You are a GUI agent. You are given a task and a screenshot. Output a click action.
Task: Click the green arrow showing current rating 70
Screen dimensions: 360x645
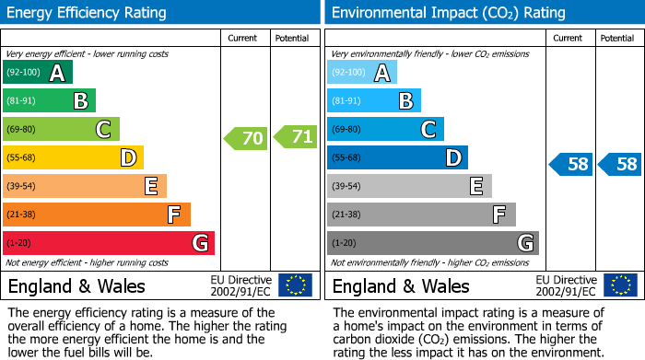pyautogui.click(x=246, y=138)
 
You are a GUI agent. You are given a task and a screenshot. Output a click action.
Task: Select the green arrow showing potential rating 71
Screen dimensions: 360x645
pyautogui.click(x=296, y=137)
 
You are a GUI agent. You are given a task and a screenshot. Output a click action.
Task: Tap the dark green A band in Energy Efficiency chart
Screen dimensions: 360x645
pyautogui.click(x=37, y=73)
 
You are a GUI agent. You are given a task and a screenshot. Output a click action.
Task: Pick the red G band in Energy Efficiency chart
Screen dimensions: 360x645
pyautogui.click(x=108, y=243)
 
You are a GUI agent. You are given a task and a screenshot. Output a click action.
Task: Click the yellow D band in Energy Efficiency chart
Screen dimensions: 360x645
pyautogui.click(x=73, y=157)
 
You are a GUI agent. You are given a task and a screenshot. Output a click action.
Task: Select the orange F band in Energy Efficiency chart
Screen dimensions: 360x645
pyautogui.click(x=96, y=215)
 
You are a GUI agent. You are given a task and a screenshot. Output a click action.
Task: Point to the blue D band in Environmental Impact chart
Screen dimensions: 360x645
pyautogui.click(x=397, y=157)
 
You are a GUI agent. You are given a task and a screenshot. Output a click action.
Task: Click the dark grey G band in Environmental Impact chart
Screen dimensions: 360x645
pyautogui.click(x=432, y=243)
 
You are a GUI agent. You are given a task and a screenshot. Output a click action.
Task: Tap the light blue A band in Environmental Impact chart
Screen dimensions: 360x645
pyautogui.click(x=362, y=73)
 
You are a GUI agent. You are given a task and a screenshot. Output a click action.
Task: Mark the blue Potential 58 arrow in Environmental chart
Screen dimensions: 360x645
pyautogui.click(x=619, y=165)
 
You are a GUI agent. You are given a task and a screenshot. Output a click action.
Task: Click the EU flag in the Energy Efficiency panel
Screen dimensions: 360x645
pyautogui.click(x=296, y=285)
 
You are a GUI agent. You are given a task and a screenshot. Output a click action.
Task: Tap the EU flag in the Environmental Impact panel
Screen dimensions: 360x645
pyautogui.click(x=620, y=285)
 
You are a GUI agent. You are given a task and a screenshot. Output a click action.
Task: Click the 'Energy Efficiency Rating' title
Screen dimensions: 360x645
pyautogui.click(x=88, y=13)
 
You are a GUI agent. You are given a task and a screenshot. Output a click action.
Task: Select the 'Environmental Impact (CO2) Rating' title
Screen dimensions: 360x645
pyautogui.click(x=448, y=13)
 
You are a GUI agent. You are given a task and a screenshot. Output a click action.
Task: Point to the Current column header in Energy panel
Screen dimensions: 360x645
pyautogui.click(x=244, y=38)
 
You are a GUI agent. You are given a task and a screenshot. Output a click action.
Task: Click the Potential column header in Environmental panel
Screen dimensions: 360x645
pyautogui.click(x=617, y=38)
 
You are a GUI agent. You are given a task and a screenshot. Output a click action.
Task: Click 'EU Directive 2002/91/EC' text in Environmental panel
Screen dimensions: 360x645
pyautogui.click(x=569, y=285)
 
